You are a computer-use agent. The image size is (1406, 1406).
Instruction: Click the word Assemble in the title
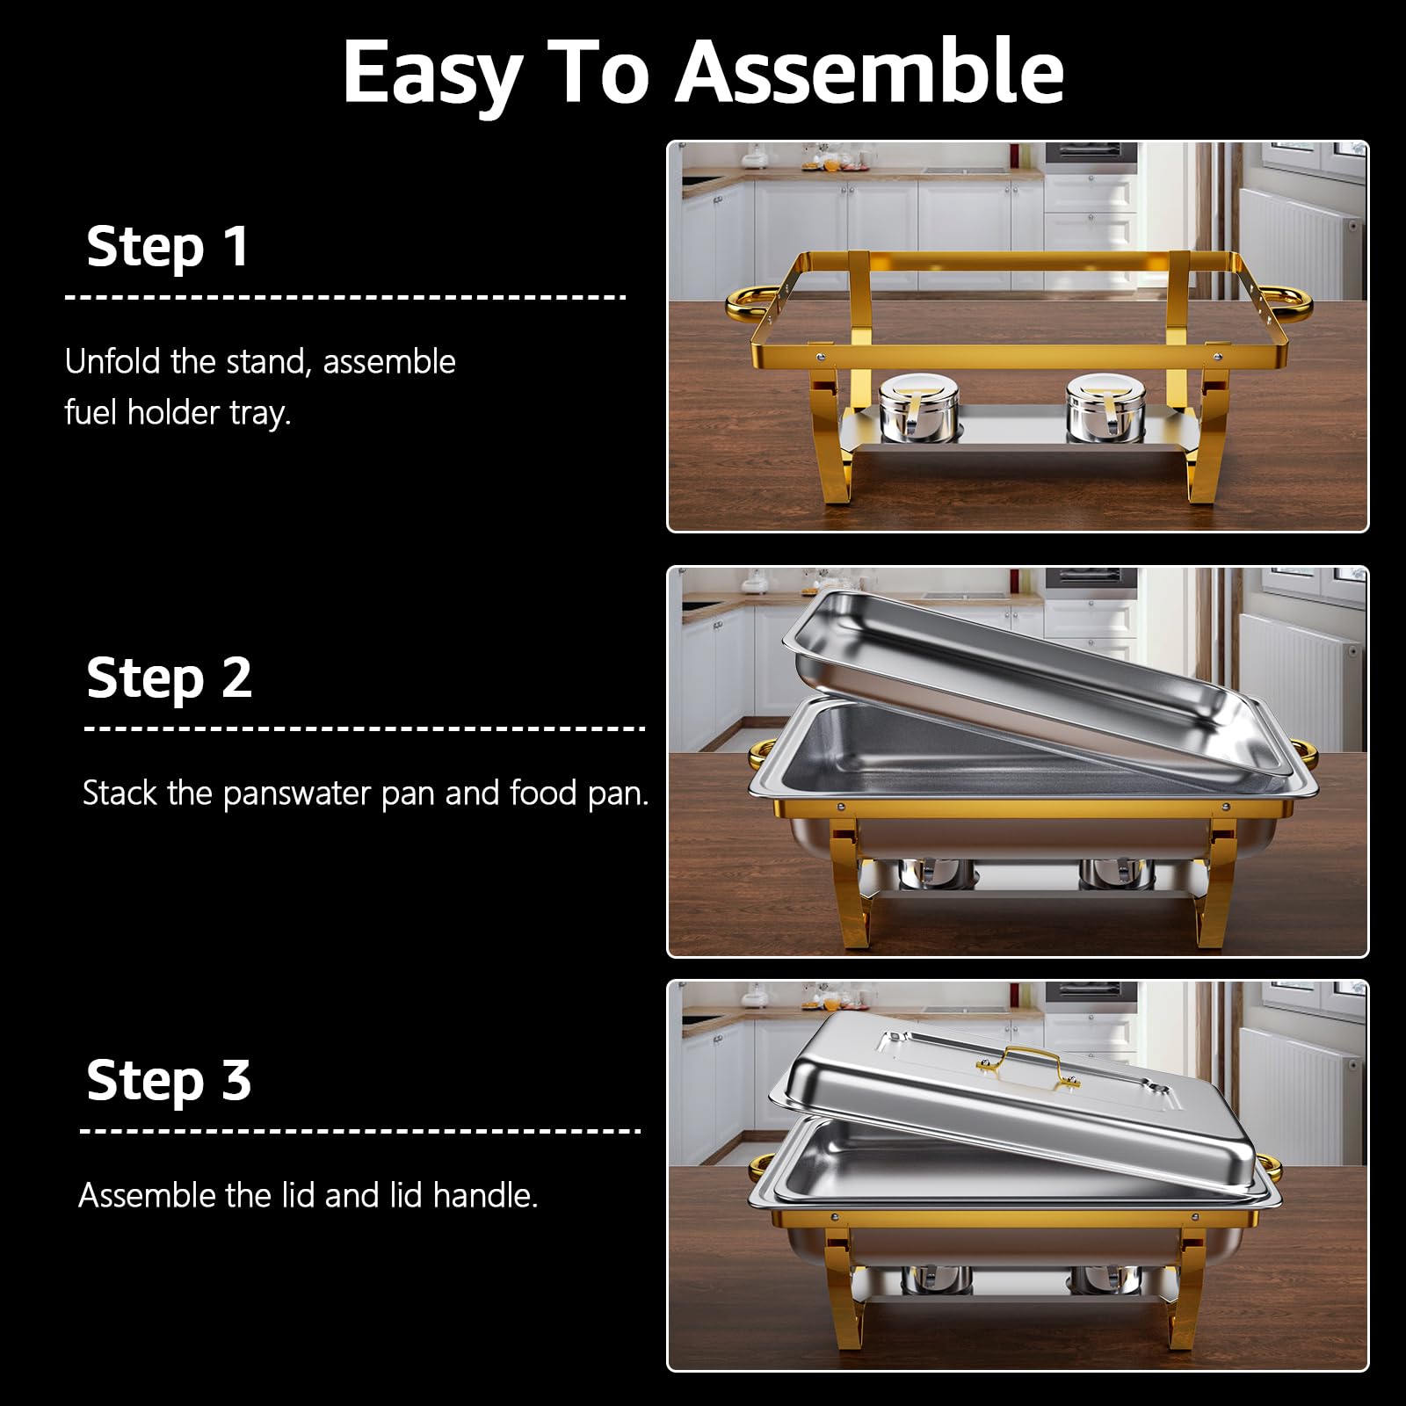coord(870,72)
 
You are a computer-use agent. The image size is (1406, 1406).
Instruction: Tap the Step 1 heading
coord(168,246)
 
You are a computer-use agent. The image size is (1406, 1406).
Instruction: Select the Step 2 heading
coord(169,678)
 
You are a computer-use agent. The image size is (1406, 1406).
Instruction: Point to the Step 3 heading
coord(169,1080)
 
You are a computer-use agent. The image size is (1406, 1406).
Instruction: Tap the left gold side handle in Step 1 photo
coord(747,303)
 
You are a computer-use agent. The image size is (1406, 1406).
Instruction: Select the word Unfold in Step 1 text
coord(113,362)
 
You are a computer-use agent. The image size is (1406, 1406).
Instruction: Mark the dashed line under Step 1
coord(345,297)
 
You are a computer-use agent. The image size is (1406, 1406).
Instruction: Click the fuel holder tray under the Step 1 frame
coord(1019,428)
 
